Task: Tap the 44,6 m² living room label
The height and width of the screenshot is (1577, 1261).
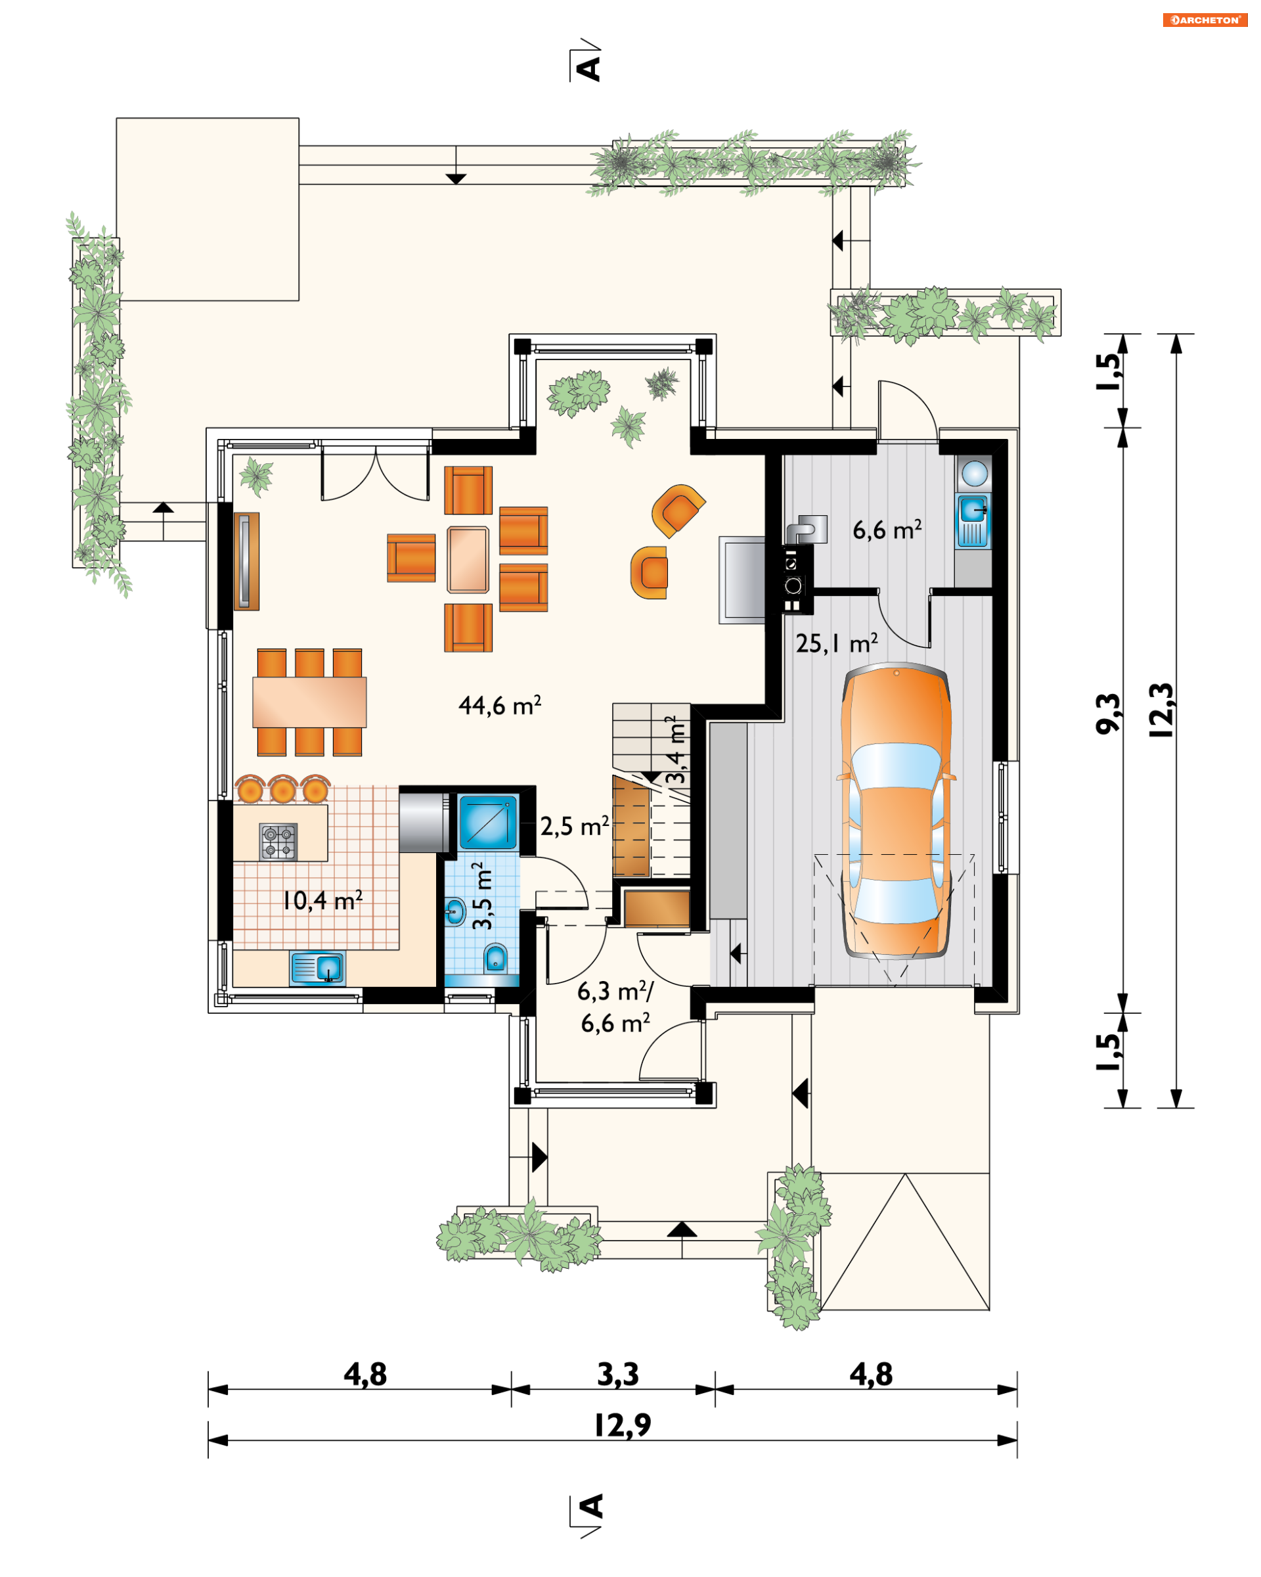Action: [500, 705]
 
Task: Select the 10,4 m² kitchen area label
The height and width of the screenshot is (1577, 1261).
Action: [322, 900]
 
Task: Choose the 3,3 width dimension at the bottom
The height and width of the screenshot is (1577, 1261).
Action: [618, 1375]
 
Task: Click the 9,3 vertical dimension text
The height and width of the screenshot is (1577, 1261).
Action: [1108, 713]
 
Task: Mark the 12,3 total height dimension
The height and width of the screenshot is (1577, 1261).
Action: [1162, 710]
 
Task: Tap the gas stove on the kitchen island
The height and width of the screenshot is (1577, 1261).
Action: [278, 841]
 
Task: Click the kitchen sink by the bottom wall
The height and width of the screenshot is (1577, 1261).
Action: [318, 969]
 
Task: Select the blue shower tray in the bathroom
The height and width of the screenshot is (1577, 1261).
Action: [487, 821]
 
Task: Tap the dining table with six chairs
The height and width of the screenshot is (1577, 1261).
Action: [309, 702]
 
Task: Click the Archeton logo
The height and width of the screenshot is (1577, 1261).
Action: [1205, 20]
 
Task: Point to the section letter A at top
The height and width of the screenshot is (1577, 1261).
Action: [588, 69]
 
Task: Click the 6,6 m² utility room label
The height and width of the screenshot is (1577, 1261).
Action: [887, 530]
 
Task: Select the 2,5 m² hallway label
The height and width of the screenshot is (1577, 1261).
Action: [575, 827]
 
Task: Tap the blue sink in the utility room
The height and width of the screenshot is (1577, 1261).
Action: [973, 521]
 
